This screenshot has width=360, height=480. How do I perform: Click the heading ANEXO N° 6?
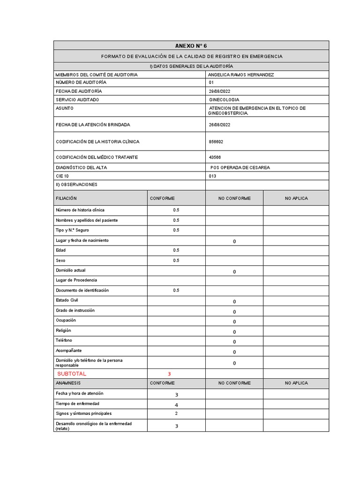(191, 45)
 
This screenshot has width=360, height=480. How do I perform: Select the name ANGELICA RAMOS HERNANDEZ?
(241, 75)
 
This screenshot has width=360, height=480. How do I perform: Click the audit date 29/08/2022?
(219, 91)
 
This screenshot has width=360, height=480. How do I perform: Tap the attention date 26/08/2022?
(219, 125)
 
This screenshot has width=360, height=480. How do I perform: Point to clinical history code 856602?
(216, 142)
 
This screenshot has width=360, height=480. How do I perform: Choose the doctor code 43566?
(215, 157)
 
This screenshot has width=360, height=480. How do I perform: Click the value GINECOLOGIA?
(224, 100)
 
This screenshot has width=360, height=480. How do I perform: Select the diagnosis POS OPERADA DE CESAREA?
(240, 168)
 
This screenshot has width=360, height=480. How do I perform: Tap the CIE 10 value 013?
(212, 176)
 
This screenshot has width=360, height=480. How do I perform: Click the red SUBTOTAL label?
(72, 374)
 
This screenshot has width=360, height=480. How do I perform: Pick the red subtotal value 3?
(169, 374)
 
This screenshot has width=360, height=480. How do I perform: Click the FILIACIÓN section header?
(66, 198)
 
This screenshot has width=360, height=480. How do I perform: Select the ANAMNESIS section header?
(68, 383)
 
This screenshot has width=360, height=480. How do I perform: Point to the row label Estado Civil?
(67, 300)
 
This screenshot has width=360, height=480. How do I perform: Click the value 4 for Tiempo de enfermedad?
(176, 405)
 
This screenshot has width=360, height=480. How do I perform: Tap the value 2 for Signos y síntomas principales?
(176, 413)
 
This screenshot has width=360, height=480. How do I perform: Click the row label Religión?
(63, 330)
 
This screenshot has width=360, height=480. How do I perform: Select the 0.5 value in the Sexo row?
(176, 260)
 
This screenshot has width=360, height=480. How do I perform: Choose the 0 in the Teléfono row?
(234, 342)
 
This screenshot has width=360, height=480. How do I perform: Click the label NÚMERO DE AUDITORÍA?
(77, 82)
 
